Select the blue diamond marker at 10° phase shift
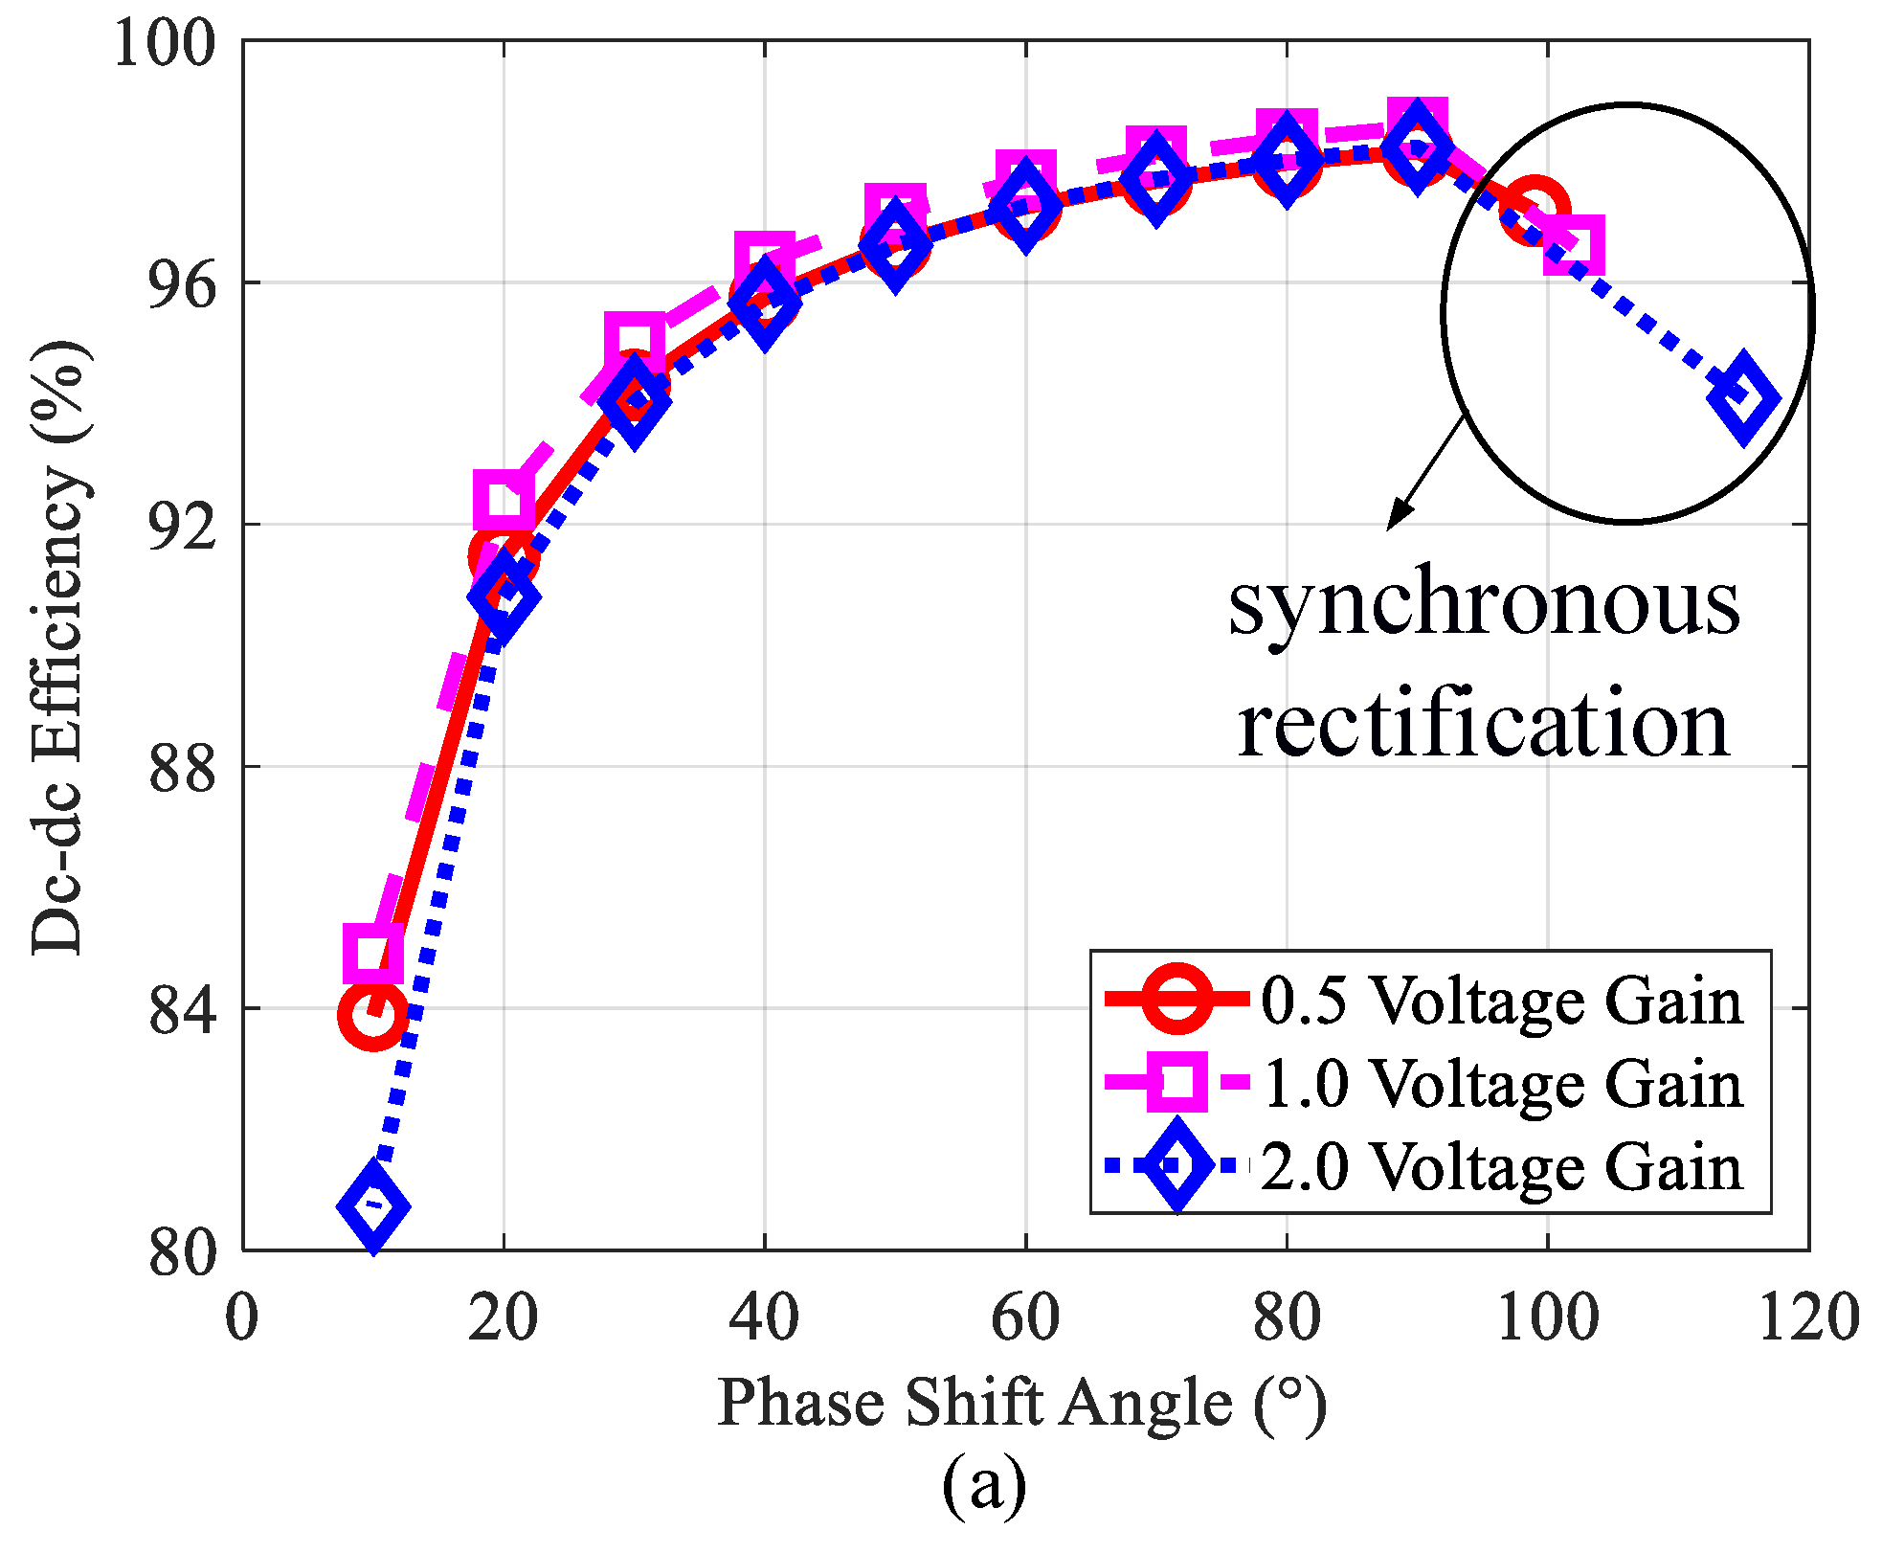(x=373, y=1205)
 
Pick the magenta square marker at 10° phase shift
(x=373, y=954)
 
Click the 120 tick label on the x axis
(x=1808, y=1317)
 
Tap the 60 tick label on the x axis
(x=1025, y=1317)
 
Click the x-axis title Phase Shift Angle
(x=1022, y=1404)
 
